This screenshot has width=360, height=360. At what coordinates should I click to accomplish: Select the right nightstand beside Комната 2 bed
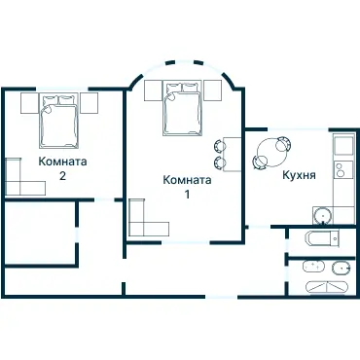tap(90, 103)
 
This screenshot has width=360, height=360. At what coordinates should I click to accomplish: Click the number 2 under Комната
tap(62, 176)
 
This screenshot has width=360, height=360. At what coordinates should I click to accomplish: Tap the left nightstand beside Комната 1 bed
tap(154, 90)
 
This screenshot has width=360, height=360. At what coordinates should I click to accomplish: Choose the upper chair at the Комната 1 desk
tap(219, 145)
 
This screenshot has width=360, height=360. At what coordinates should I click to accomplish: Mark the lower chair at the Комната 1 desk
tap(219, 162)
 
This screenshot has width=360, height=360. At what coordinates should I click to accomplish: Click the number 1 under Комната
tap(187, 194)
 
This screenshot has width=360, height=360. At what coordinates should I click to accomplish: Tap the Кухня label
tap(298, 177)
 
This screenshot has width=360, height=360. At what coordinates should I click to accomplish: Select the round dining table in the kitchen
tap(269, 152)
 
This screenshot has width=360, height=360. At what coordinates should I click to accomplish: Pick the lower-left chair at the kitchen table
tap(259, 163)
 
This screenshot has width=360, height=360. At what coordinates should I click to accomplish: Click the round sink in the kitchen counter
tap(320, 213)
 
